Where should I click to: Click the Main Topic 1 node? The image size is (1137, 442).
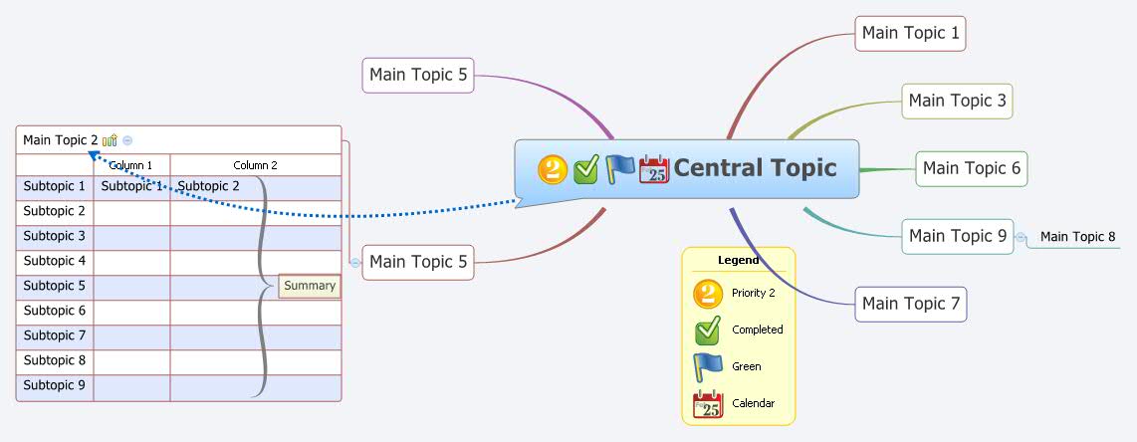coord(910,33)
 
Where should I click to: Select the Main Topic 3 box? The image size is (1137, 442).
coord(957,101)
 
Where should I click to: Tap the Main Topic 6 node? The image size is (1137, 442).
coord(971,168)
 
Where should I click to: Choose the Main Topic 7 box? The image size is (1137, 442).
coord(910,303)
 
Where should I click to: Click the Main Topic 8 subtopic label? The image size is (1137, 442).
coord(1077,237)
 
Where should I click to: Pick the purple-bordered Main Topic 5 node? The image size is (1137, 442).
coord(417,75)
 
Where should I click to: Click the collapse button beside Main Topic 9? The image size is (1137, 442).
coord(1021,237)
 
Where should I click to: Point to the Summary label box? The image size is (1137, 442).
coord(309,286)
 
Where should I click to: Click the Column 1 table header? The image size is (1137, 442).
coord(131,165)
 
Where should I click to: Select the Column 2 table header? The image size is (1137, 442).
coord(255,165)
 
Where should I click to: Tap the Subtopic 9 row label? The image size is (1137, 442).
coord(55,385)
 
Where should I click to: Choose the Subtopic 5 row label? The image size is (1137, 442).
coord(55,286)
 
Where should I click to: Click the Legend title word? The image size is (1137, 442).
coord(739,261)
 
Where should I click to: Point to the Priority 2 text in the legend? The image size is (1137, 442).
coord(753,293)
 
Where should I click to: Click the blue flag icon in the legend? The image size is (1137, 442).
coord(707,366)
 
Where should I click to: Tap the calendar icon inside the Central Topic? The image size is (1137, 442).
coord(654,169)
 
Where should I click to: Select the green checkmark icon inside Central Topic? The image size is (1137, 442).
coord(586,170)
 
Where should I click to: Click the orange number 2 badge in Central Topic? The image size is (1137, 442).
coord(553,170)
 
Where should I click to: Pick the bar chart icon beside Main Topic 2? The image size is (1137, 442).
coord(110,140)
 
